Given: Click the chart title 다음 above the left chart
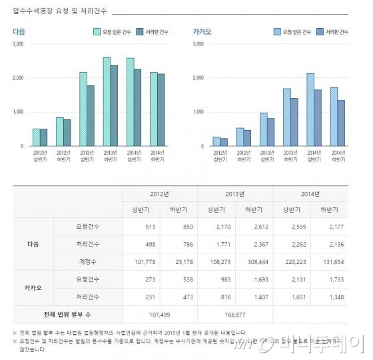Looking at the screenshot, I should tap(19, 31).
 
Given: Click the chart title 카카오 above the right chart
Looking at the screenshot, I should tap(201, 31).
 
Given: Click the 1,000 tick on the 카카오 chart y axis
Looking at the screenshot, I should tap(198, 112).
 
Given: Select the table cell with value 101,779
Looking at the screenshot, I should tap(141, 261).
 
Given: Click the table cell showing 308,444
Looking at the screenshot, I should tap(254, 261).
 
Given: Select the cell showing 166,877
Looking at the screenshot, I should tap(235, 313).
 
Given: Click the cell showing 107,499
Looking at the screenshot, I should tap(160, 313).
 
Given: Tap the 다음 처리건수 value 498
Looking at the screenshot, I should tap(141, 244).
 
